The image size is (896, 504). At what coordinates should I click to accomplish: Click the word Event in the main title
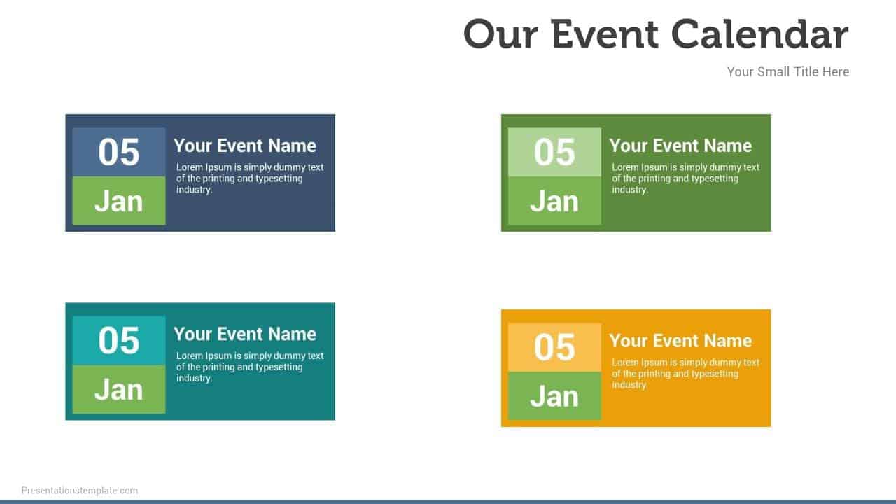pyautogui.click(x=605, y=34)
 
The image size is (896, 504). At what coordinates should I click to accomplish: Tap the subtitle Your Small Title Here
pyautogui.click(x=787, y=71)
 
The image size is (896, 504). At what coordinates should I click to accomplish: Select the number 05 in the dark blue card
pyautogui.click(x=119, y=152)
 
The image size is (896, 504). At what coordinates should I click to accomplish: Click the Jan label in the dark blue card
pyautogui.click(x=119, y=201)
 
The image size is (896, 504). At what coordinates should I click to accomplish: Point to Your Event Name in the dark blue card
pyautogui.click(x=245, y=146)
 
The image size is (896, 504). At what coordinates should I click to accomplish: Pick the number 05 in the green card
pyautogui.click(x=554, y=152)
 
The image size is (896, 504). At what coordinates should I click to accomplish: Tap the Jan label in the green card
pyautogui.click(x=554, y=201)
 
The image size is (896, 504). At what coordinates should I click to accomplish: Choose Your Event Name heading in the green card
pyautogui.click(x=680, y=146)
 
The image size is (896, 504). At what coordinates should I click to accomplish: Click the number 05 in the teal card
pyautogui.click(x=119, y=340)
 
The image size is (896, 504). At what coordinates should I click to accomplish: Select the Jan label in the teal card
pyautogui.click(x=119, y=389)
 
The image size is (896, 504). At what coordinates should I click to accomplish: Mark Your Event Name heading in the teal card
pyautogui.click(x=245, y=334)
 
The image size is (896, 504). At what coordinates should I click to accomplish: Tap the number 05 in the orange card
pyautogui.click(x=554, y=347)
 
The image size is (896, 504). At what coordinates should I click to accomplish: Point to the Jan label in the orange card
pyautogui.click(x=554, y=396)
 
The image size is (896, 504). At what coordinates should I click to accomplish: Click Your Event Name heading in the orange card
pyautogui.click(x=680, y=341)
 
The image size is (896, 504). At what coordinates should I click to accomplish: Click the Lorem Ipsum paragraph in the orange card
pyautogui.click(x=685, y=374)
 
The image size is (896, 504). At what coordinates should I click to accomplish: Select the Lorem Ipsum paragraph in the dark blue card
pyautogui.click(x=249, y=178)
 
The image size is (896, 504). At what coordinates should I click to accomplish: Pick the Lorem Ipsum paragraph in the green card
pyautogui.click(x=685, y=178)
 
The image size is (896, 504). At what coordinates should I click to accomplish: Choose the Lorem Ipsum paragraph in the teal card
pyautogui.click(x=249, y=367)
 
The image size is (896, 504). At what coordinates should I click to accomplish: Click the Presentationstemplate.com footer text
pyautogui.click(x=80, y=491)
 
